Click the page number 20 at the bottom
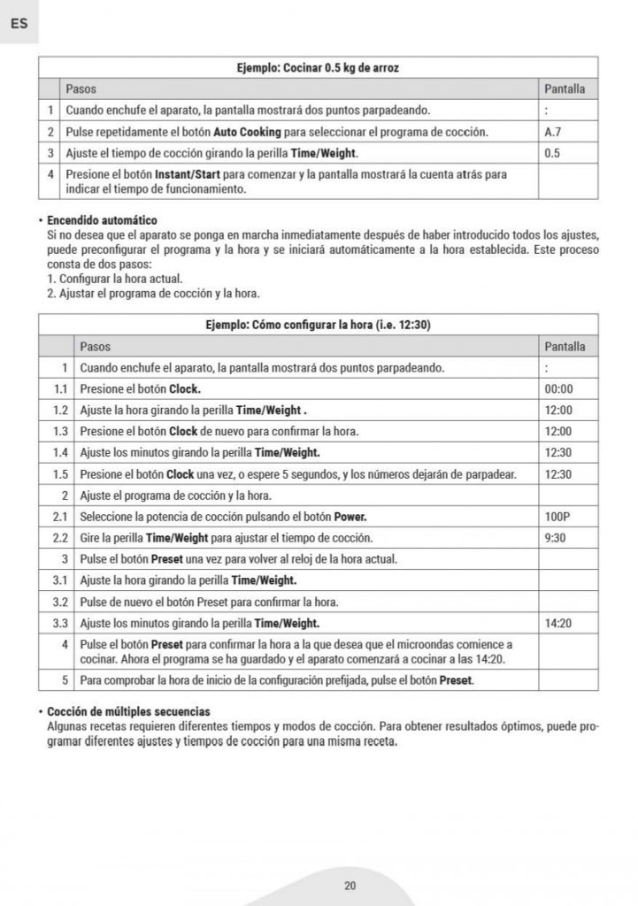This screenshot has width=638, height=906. click(350, 886)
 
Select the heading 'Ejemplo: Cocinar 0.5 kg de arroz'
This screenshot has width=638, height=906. click(318, 68)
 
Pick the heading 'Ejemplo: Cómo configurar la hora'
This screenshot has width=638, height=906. click(317, 325)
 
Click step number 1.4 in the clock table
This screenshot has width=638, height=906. click(60, 453)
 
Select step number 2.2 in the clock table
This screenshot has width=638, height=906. click(60, 538)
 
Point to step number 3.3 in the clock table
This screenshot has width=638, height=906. click(60, 624)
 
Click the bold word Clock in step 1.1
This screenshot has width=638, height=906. click(185, 389)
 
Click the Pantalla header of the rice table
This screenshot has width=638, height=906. click(564, 89)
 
